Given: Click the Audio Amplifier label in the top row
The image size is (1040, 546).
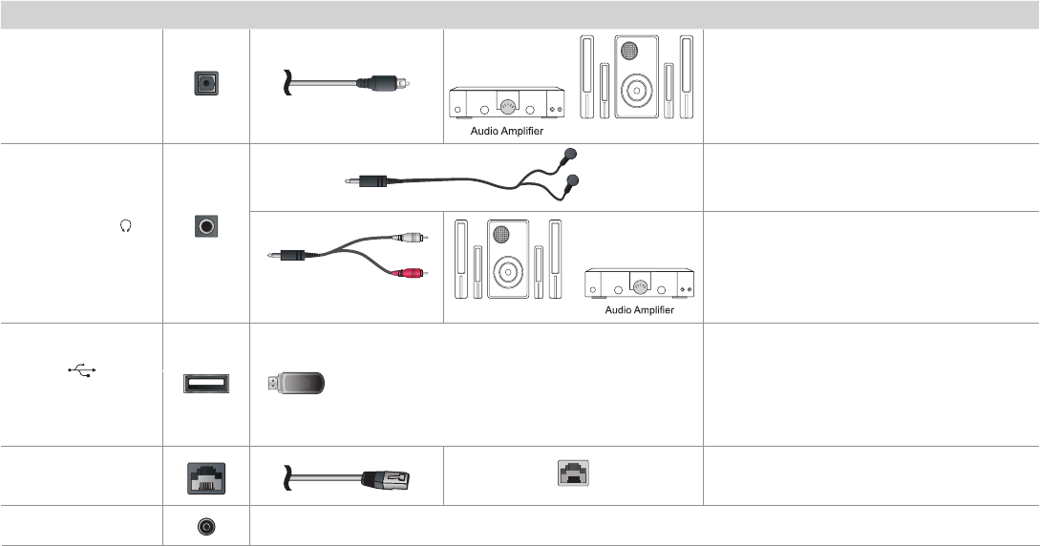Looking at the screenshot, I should coord(507,132).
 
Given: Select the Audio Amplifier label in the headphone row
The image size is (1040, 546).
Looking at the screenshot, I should coord(640,310).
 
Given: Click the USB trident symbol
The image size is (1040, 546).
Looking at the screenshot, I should coord(83,368).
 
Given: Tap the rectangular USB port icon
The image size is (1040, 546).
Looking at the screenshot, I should coord(205,385).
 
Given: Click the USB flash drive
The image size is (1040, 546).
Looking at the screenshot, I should coord(297,385).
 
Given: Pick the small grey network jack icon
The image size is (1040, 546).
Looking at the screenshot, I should coord(573,471).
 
